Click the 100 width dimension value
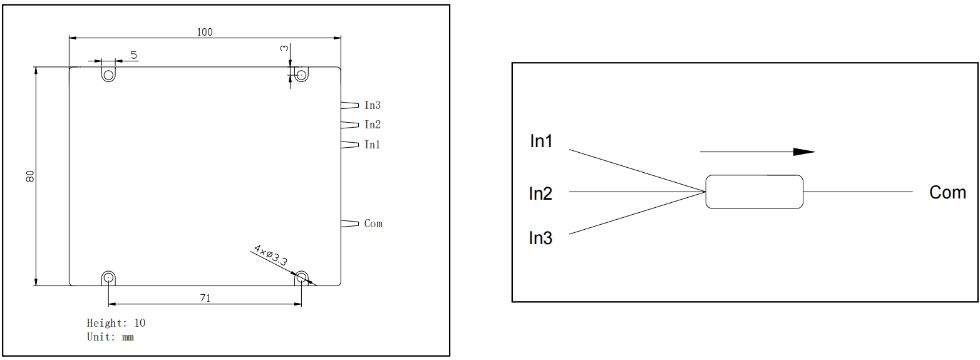(205, 32)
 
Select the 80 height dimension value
(29, 177)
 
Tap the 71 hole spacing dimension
(205, 299)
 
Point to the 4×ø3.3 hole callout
(270, 256)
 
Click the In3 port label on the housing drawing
(373, 105)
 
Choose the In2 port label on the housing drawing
(373, 125)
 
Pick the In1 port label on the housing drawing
(373, 145)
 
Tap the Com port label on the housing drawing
(373, 224)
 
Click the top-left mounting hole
(108, 75)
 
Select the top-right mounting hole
(301, 75)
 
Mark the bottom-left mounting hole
(108, 277)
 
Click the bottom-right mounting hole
(301, 277)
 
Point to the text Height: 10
(116, 323)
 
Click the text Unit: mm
(110, 337)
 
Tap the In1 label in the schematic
(542, 141)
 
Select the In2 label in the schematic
(541, 193)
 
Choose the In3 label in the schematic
(541, 238)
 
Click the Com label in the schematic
(947, 192)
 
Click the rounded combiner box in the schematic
(754, 192)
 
